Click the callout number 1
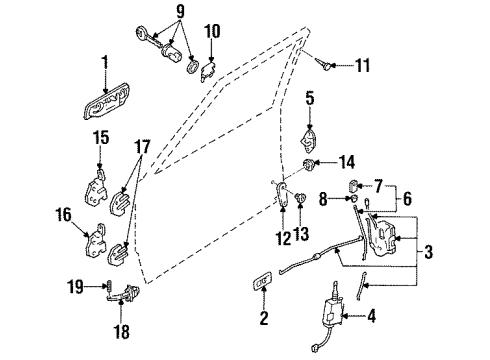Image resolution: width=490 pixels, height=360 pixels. click(105, 63)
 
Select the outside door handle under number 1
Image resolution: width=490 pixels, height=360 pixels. click(106, 101)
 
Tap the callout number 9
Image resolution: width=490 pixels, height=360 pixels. click(180, 12)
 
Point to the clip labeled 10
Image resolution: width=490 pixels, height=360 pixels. click(208, 71)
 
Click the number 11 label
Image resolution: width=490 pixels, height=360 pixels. click(363, 65)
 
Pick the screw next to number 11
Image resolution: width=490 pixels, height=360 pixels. click(324, 63)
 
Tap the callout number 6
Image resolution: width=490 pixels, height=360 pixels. click(407, 198)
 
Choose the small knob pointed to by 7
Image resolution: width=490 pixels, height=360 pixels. click(354, 185)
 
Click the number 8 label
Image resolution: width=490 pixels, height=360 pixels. click(323, 199)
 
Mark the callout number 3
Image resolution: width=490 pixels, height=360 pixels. click(428, 251)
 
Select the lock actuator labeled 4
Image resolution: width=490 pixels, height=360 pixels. click(332, 310)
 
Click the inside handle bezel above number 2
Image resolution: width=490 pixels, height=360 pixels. click(263, 279)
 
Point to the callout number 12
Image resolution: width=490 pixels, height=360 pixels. click(283, 239)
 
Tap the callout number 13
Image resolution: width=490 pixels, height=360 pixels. click(302, 233)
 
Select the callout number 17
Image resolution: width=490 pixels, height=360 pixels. click(142, 147)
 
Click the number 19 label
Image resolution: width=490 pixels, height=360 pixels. click(75, 286)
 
